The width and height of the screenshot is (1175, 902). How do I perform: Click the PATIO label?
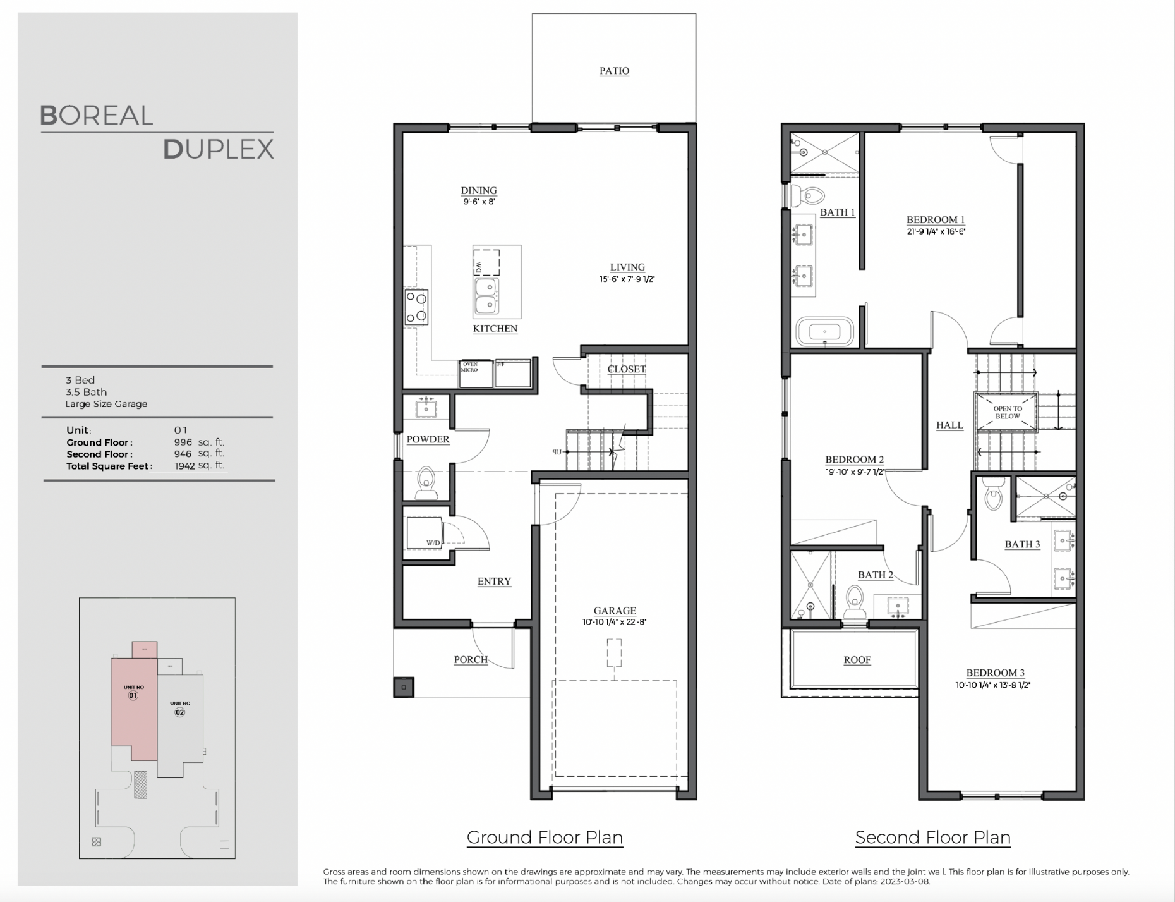coord(614,71)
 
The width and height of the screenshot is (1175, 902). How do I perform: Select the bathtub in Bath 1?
coord(824,331)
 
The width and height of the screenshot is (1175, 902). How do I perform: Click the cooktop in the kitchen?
coord(416,307)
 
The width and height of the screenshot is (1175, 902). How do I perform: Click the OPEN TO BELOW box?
coord(1007,412)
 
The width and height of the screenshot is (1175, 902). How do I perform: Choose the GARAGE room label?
coord(615,611)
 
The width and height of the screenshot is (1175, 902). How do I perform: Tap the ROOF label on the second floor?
coord(857,660)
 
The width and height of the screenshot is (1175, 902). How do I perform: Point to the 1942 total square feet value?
coord(184,466)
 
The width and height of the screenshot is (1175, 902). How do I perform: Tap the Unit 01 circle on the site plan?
coord(133,695)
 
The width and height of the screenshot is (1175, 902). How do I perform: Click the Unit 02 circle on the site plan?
coord(180,712)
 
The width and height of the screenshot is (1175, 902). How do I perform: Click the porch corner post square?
coord(404,687)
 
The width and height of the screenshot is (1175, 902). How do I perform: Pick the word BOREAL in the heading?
coord(97,116)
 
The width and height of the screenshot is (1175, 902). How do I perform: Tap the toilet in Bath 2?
coord(855,602)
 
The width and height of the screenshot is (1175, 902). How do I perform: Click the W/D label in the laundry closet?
coord(433,543)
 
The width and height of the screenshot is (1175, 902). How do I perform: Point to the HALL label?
coord(949,425)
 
